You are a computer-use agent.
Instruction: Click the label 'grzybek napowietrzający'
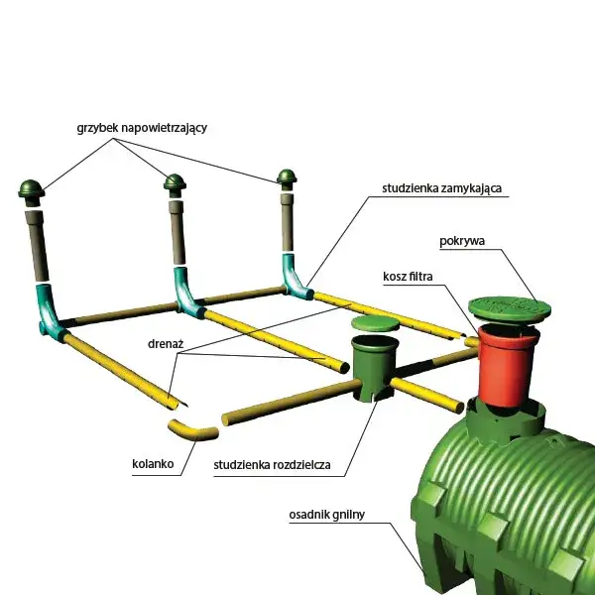click(142, 128)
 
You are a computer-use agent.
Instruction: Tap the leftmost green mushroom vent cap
click(32, 189)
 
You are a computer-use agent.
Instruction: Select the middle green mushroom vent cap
click(175, 182)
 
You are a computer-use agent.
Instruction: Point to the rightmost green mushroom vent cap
click(287, 177)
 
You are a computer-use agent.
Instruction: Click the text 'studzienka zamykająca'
click(441, 188)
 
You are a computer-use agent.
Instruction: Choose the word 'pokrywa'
click(462, 241)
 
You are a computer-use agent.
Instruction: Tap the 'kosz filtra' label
click(408, 277)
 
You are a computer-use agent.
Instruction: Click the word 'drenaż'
click(166, 344)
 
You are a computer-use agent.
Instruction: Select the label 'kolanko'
click(153, 464)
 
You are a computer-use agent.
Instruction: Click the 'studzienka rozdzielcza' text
click(272, 465)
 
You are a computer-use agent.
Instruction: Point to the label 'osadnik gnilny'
click(326, 515)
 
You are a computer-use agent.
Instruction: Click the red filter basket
click(507, 364)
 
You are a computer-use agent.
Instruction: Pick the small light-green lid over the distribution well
click(375, 323)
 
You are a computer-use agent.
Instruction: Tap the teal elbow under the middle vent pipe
click(188, 293)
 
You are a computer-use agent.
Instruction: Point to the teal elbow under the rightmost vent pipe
click(296, 277)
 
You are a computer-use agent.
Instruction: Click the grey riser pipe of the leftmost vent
click(37, 246)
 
